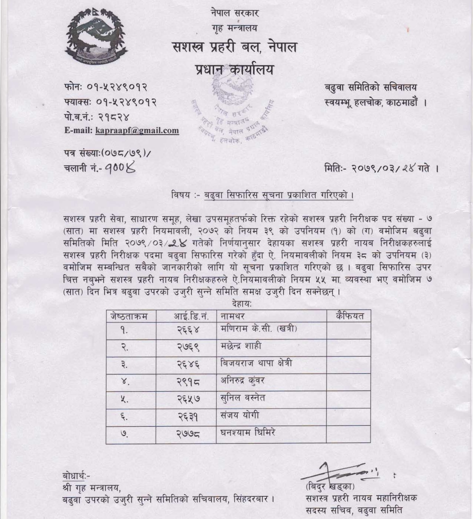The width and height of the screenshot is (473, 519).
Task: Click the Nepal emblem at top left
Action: (x=96, y=36)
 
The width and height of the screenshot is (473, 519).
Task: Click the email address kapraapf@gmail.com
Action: (x=137, y=130)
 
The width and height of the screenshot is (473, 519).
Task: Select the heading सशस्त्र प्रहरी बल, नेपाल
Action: (x=235, y=48)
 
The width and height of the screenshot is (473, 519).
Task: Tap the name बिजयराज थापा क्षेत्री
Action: (x=256, y=363)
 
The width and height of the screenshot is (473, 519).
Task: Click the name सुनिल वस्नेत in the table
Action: (x=243, y=398)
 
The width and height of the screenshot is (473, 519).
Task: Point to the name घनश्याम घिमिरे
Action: (x=247, y=433)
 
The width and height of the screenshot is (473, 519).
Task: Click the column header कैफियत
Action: (x=349, y=316)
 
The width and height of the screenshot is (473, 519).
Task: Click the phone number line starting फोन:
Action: (x=106, y=87)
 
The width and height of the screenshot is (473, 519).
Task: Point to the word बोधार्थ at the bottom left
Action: (x=75, y=476)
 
